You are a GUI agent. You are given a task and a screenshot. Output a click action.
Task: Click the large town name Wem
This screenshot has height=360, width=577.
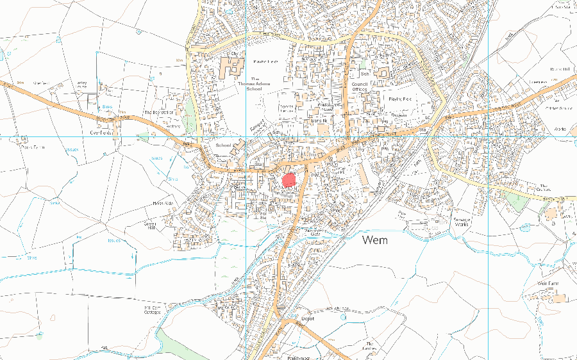click(379, 241)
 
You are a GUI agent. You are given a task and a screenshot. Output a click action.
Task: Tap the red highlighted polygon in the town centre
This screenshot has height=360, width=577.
click(289, 179)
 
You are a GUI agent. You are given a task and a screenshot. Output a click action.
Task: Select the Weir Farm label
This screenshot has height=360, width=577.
click(550, 282)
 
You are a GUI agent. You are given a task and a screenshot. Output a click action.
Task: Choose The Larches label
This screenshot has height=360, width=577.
click(369, 347)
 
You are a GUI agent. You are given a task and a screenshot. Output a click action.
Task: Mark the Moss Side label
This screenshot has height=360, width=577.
click(163, 204)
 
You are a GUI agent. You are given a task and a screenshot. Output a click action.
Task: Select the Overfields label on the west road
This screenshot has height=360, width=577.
click(103, 133)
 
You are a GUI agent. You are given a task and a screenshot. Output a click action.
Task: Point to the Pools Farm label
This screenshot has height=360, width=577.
click(32, 147)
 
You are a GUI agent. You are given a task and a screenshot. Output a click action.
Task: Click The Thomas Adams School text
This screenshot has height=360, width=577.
click(246, 85)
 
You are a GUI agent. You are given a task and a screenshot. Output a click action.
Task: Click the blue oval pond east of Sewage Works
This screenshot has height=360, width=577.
click(526, 227)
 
